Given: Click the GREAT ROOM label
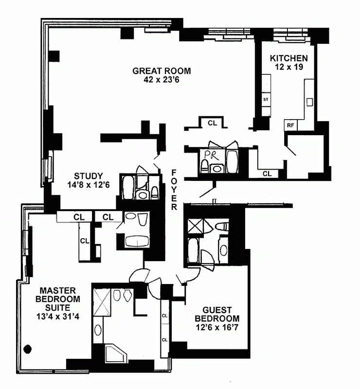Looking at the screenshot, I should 162,71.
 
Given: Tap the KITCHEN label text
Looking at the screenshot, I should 289,58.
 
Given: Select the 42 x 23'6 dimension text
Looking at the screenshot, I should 162,80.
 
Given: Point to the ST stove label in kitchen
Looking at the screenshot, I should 266,100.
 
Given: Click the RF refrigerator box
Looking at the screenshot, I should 290,125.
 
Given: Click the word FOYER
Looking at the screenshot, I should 175,190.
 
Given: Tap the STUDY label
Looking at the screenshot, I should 88,176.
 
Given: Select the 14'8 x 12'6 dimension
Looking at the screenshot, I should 88,185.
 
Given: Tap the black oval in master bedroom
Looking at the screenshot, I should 28,348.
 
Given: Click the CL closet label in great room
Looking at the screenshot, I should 212,123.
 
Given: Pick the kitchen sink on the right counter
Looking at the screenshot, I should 309,102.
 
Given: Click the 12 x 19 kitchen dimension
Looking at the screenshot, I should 289,67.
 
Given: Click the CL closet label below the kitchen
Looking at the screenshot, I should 267,173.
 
